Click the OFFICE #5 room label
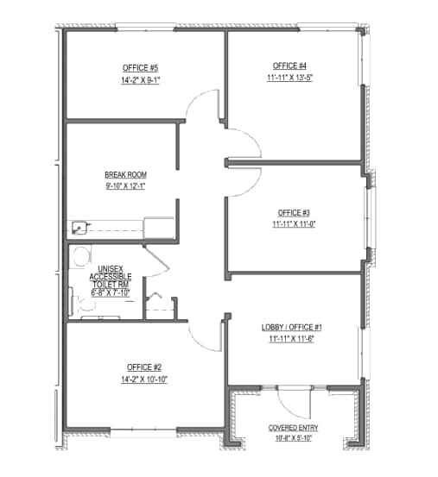click(142, 67)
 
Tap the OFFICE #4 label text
click(289, 66)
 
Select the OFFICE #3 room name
click(294, 213)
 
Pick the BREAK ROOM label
click(125, 174)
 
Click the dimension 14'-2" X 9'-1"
click(142, 79)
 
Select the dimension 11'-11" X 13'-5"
click(289, 78)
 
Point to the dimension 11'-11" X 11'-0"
click(294, 224)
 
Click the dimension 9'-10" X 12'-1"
click(125, 185)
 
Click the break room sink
click(80, 229)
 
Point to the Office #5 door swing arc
click(197, 108)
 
